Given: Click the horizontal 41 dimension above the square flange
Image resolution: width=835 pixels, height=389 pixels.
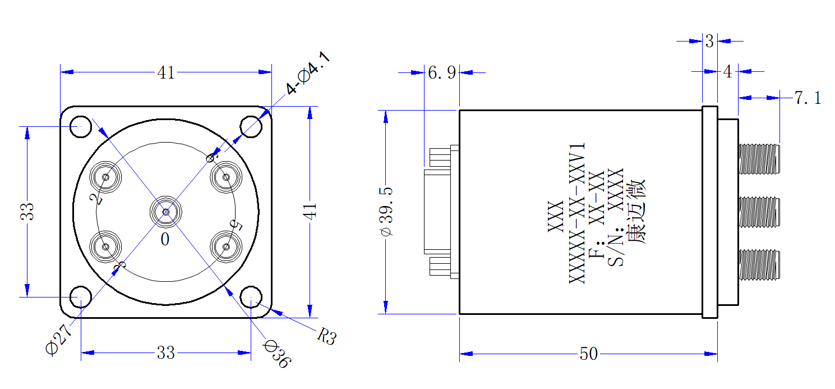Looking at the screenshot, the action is pyautogui.click(x=166, y=72).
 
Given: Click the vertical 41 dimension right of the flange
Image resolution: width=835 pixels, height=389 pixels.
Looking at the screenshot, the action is pyautogui.click(x=310, y=211).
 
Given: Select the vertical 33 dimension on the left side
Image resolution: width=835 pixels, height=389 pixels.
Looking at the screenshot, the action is pyautogui.click(x=27, y=212).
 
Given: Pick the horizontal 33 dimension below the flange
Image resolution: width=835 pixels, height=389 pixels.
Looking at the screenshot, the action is pyautogui.click(x=166, y=353).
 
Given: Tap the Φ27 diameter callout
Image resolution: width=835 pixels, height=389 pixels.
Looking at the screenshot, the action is pyautogui.click(x=58, y=340).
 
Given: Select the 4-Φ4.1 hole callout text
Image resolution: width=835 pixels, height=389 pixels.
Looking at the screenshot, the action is pyautogui.click(x=308, y=73).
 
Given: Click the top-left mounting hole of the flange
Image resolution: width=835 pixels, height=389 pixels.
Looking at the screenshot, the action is pyautogui.click(x=81, y=127).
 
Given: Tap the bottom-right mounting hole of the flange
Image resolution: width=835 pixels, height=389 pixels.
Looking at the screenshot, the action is pyautogui.click(x=251, y=298).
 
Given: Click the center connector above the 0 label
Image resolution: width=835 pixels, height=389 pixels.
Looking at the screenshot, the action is pyautogui.click(x=166, y=212).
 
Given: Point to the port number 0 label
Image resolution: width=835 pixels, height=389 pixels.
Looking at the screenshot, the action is pyautogui.click(x=165, y=239).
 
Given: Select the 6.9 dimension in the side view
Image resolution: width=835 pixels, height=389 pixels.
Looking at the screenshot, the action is pyautogui.click(x=442, y=73).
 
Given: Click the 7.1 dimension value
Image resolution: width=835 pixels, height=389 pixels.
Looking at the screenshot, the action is pyautogui.click(x=808, y=98).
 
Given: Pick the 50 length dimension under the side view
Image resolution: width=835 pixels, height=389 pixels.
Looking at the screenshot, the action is pyautogui.click(x=589, y=354).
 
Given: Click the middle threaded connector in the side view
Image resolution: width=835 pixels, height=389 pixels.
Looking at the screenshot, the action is pyautogui.click(x=759, y=212).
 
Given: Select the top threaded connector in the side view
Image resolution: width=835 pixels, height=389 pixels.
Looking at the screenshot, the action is pyautogui.click(x=759, y=159).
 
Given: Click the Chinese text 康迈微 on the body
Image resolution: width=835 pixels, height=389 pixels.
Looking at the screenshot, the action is pyautogui.click(x=636, y=212).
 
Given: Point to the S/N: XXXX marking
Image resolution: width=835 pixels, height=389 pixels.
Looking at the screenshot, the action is pyautogui.click(x=615, y=217).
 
